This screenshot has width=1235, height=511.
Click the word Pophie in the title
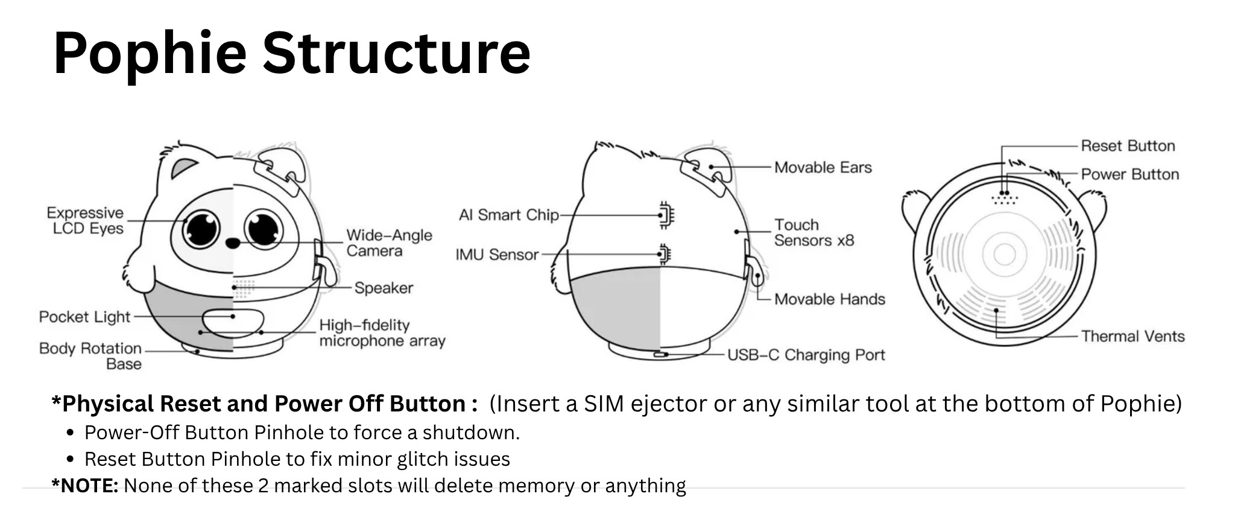click(150, 53)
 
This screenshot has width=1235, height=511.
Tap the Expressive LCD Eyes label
click(85, 221)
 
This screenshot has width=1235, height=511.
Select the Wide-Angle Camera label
click(389, 243)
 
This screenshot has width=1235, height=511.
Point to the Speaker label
click(384, 288)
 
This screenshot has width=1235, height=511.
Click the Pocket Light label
click(84, 317)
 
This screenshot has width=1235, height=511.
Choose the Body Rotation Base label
click(90, 356)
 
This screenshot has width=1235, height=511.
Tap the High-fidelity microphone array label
click(382, 333)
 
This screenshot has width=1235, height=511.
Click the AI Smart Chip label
click(508, 215)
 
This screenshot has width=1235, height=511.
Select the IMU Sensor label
click(497, 255)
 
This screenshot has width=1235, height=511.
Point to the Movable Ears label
click(823, 167)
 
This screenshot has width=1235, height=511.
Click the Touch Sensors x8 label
click(814, 233)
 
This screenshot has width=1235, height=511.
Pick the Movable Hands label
click(830, 299)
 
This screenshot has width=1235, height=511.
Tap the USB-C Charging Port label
click(806, 355)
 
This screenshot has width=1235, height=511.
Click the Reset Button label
click(1128, 145)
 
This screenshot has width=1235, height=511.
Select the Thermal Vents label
click(1132, 336)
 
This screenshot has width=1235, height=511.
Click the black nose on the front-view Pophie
click(233, 243)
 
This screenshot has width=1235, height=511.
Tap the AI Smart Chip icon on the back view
click(666, 215)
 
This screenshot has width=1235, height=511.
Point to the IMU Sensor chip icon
click(665, 254)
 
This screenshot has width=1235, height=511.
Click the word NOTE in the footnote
click(89, 486)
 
